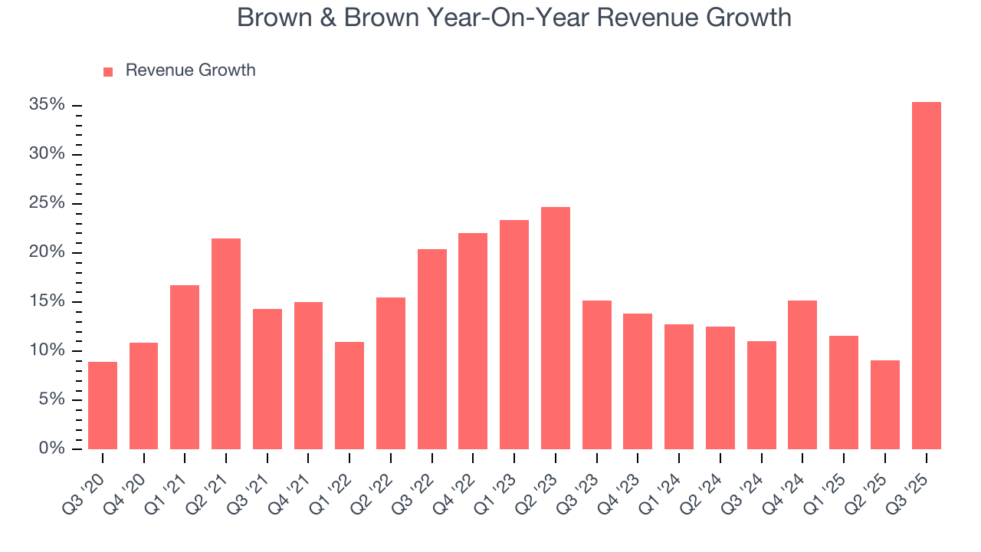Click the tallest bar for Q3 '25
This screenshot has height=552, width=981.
pos(926,276)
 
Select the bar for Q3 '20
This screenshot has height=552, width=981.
pos(103,406)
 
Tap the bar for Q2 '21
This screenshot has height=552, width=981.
pos(226,344)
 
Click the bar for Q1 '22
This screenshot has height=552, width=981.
pos(349,396)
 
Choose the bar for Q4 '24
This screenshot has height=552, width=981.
pos(802,375)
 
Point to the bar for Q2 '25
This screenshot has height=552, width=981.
pos(884,405)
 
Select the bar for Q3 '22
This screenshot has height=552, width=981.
pos(432,350)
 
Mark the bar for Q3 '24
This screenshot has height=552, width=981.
pos(761,395)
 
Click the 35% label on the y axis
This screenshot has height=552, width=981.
pos(47,105)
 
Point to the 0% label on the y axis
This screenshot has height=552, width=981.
pos(51,449)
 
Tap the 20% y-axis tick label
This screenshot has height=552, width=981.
pos(47,252)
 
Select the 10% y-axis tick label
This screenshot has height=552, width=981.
pos(47,350)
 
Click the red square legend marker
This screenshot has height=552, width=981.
pos(108,71)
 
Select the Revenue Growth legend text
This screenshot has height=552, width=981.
pos(190,71)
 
